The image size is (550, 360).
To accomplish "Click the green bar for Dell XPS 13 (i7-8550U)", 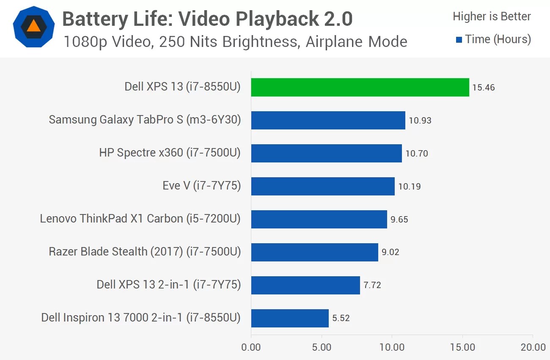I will pyautogui.click(x=360, y=88).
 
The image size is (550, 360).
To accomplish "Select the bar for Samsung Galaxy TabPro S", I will pyautogui.click(x=328, y=121).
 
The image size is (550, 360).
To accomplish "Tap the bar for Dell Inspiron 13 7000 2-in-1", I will pyautogui.click(x=290, y=318).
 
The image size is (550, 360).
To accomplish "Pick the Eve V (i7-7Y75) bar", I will pyautogui.click(x=323, y=186).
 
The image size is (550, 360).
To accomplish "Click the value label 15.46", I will pyautogui.click(x=484, y=88).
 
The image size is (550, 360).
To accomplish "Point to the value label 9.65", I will pyautogui.click(x=399, y=220).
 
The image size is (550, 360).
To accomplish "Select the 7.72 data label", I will pyautogui.click(x=372, y=285).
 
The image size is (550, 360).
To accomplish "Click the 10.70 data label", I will pyautogui.click(x=417, y=154).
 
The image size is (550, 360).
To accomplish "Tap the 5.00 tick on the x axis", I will pyautogui.click(x=322, y=348).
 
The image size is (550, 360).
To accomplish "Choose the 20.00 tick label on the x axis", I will pyautogui.click(x=533, y=348).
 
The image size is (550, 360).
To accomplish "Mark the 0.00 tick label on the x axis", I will pyautogui.click(x=251, y=348).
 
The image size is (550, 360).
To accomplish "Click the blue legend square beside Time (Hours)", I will pyautogui.click(x=459, y=40).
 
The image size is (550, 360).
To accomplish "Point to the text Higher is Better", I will pyautogui.click(x=492, y=16).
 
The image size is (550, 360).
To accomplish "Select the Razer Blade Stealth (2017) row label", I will pyautogui.click(x=145, y=252).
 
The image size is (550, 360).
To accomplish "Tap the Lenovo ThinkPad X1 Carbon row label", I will pyautogui.click(x=140, y=219).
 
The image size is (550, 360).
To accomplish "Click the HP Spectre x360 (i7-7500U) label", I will pyautogui.click(x=170, y=153).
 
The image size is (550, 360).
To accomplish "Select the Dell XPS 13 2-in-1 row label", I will pyautogui.click(x=168, y=285).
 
